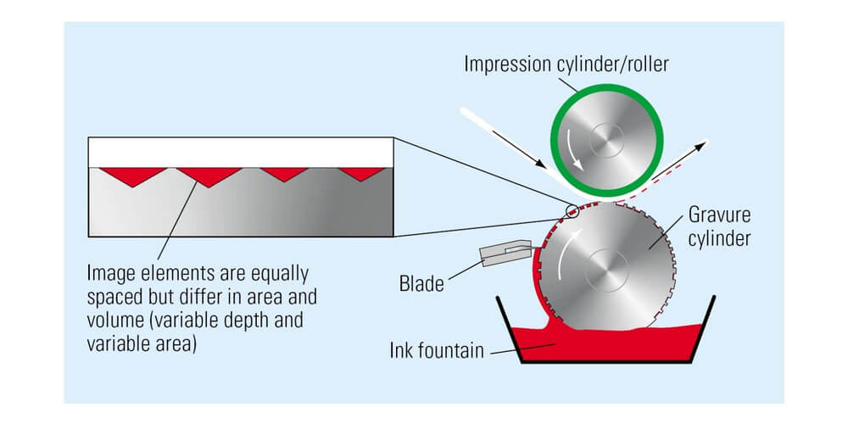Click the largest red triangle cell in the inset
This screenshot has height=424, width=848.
tap(202, 175)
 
